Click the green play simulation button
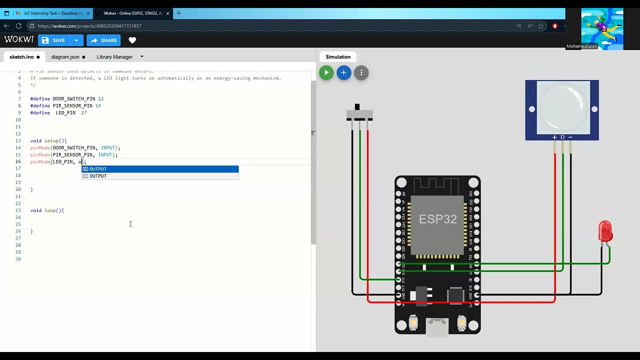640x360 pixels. coord(326,73)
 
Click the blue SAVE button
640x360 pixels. coord(54,40)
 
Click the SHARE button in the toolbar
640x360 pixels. coord(103,40)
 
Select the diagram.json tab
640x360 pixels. coord(65,57)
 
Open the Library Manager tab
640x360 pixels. coord(114,57)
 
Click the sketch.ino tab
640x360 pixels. coord(21,57)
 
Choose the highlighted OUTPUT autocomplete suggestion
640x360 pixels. coord(160,169)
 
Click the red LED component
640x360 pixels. coord(605,231)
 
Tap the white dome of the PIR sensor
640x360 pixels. coord(562,107)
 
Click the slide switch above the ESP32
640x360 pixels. coord(359,114)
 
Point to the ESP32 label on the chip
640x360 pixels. coord(437,219)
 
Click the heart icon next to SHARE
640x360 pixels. coord(132,40)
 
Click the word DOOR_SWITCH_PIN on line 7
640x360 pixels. coord(74,99)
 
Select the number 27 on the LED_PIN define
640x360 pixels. coord(83,113)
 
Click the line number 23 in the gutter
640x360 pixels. coord(18,210)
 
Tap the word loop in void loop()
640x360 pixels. coord(50,210)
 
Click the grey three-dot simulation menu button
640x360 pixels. coord(361,73)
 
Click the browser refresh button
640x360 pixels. coord(18,26)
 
